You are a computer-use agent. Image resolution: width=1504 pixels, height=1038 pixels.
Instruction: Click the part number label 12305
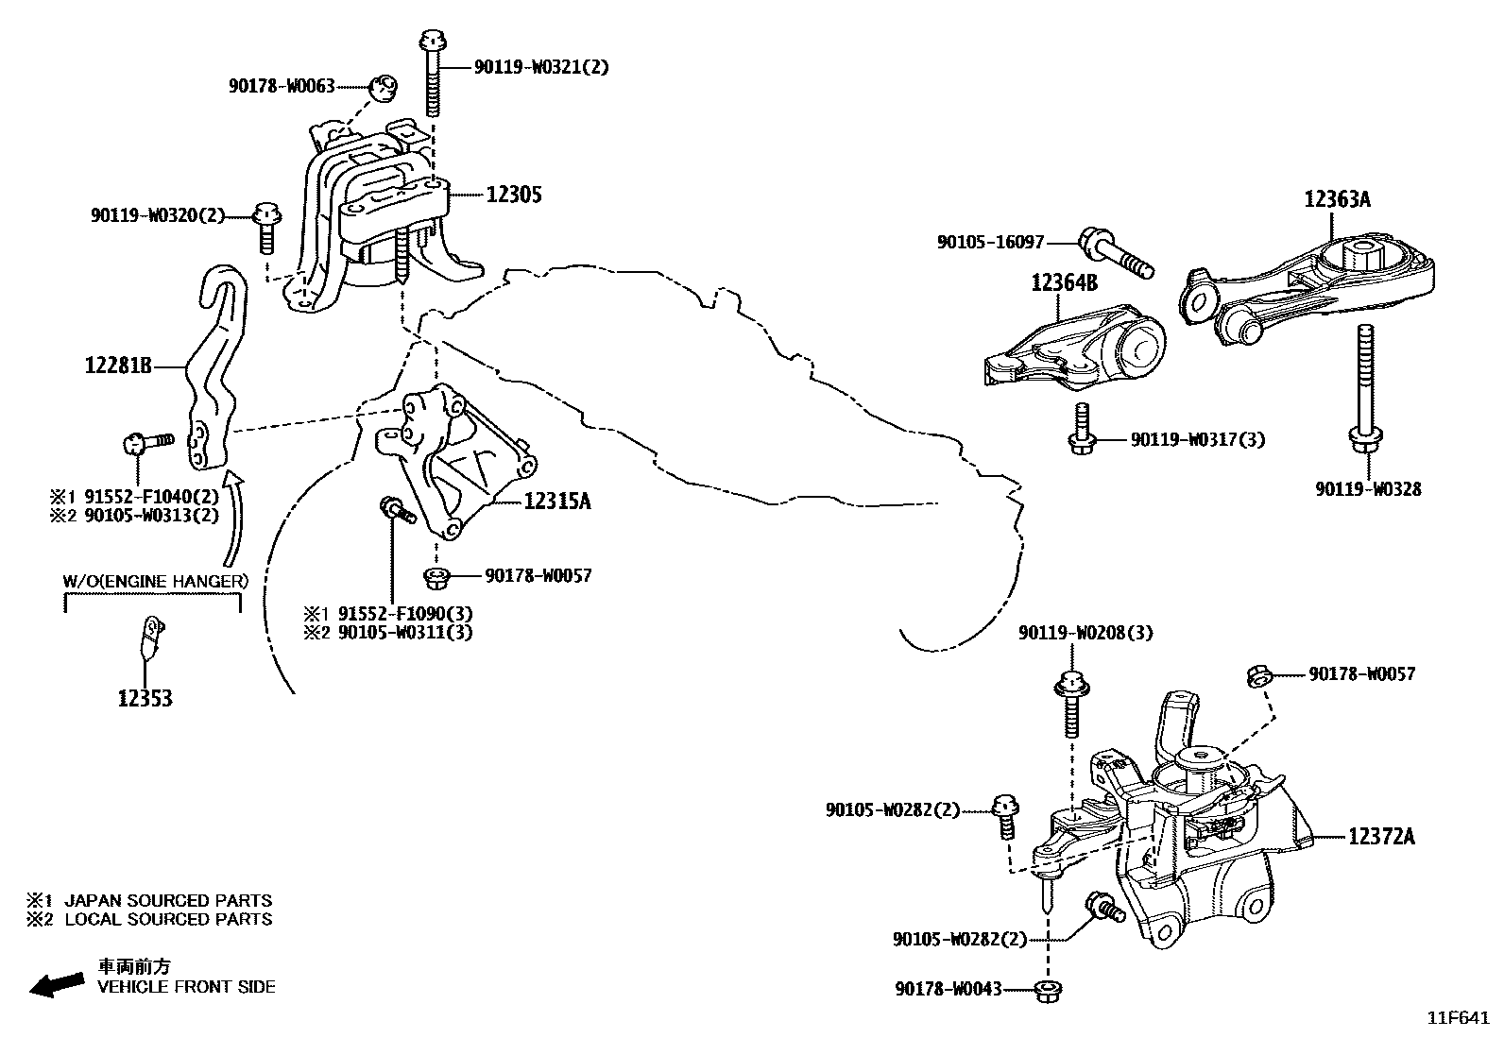click(x=514, y=195)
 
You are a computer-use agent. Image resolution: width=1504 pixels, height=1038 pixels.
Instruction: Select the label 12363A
click(x=1337, y=199)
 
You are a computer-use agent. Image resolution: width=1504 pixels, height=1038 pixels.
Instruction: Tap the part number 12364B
click(x=1064, y=281)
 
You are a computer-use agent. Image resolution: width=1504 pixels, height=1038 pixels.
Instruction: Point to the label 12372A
click(x=1381, y=837)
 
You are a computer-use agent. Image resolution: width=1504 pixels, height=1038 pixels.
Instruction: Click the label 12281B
click(x=119, y=365)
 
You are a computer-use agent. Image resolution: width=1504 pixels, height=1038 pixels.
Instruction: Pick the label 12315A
click(x=556, y=502)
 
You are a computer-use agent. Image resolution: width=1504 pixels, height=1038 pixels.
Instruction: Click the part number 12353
click(x=145, y=699)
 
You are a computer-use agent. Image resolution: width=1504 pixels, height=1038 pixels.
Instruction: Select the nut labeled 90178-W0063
click(x=382, y=88)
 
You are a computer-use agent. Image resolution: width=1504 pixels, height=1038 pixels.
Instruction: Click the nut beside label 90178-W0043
click(x=1047, y=991)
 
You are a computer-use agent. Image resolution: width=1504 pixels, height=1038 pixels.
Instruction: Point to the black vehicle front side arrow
click(x=54, y=985)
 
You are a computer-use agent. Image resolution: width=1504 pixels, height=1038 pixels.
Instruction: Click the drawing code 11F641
click(x=1458, y=1019)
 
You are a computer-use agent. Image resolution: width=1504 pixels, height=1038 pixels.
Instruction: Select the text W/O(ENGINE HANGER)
click(x=155, y=582)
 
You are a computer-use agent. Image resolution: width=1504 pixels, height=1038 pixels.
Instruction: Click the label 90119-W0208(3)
click(x=1085, y=633)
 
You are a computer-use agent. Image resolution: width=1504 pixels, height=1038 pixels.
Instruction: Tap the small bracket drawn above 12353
click(x=150, y=635)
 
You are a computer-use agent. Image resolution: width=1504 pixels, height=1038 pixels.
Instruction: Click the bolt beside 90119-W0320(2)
click(x=265, y=227)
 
